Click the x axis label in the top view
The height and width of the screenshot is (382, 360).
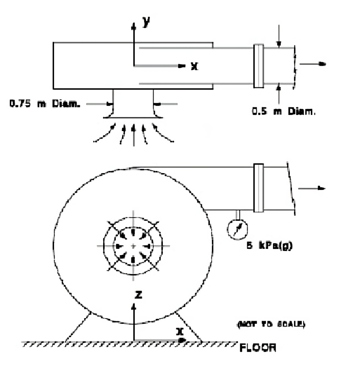[x=194, y=66]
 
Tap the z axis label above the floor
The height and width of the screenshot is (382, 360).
[x=138, y=295]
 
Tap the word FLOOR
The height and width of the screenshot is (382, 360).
[x=258, y=349]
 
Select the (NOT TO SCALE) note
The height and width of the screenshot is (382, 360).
[x=271, y=325]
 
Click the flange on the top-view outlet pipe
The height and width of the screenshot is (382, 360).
[x=258, y=66]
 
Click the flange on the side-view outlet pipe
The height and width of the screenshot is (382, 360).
[x=258, y=188]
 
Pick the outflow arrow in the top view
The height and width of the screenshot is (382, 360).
[x=313, y=64]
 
